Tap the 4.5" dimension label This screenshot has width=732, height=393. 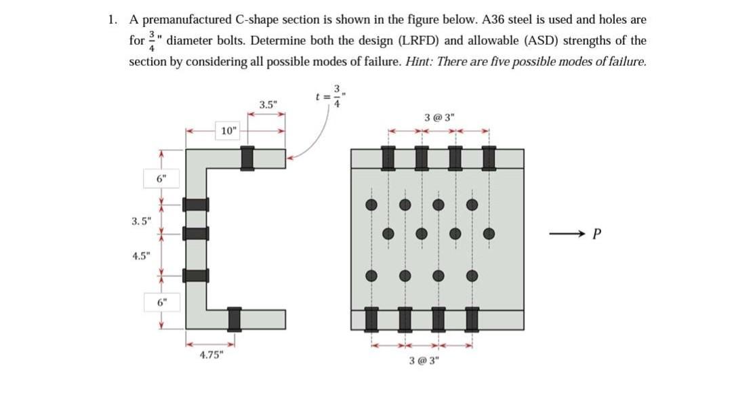click(142, 257)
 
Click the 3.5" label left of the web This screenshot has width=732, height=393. click(142, 220)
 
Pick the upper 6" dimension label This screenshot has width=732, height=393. click(161, 179)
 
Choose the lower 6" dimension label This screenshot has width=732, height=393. click(161, 302)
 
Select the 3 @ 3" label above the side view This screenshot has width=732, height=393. click(439, 117)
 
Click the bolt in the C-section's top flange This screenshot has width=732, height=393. click(248, 158)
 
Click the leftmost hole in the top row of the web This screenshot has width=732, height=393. click(371, 204)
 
